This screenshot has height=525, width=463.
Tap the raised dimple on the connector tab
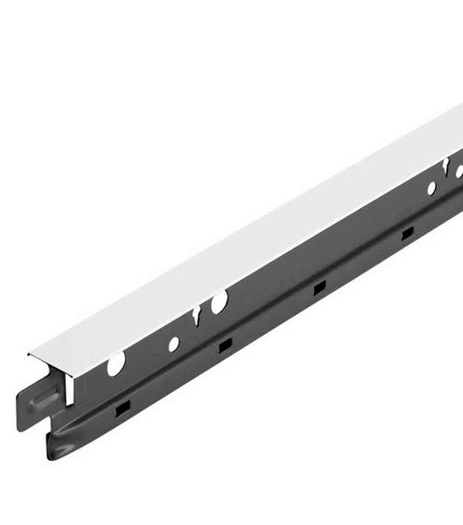pyautogui.click(x=44, y=404)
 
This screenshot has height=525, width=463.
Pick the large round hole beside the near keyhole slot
pyautogui.click(x=219, y=302)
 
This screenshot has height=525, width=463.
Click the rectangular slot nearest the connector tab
pyautogui.click(x=122, y=406)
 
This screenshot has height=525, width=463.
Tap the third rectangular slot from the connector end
pyautogui.click(x=319, y=287)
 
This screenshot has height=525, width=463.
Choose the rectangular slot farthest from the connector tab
pyautogui.click(x=406, y=233)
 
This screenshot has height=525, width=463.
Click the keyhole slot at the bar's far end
pyautogui.click(x=446, y=166)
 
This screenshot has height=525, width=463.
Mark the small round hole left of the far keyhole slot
pyautogui.click(x=431, y=187)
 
